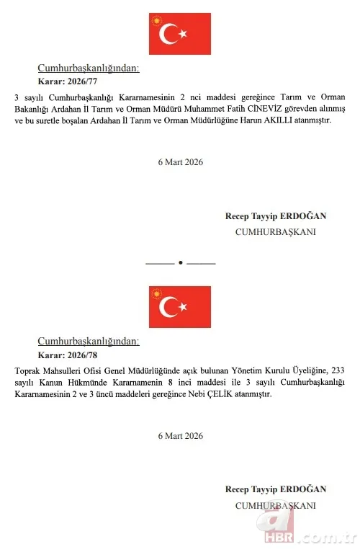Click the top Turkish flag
click(x=180, y=34)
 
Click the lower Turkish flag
click(x=180, y=307)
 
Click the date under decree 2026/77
click(x=180, y=162)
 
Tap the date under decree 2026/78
click(x=180, y=435)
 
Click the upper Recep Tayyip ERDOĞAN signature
click(x=276, y=216)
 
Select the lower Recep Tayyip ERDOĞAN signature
click(x=276, y=489)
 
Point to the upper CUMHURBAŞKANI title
click(x=276, y=232)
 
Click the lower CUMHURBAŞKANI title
click(x=276, y=505)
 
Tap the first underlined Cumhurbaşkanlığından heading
click(x=89, y=68)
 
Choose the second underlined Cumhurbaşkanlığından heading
click(x=89, y=342)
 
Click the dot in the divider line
click(x=181, y=262)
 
